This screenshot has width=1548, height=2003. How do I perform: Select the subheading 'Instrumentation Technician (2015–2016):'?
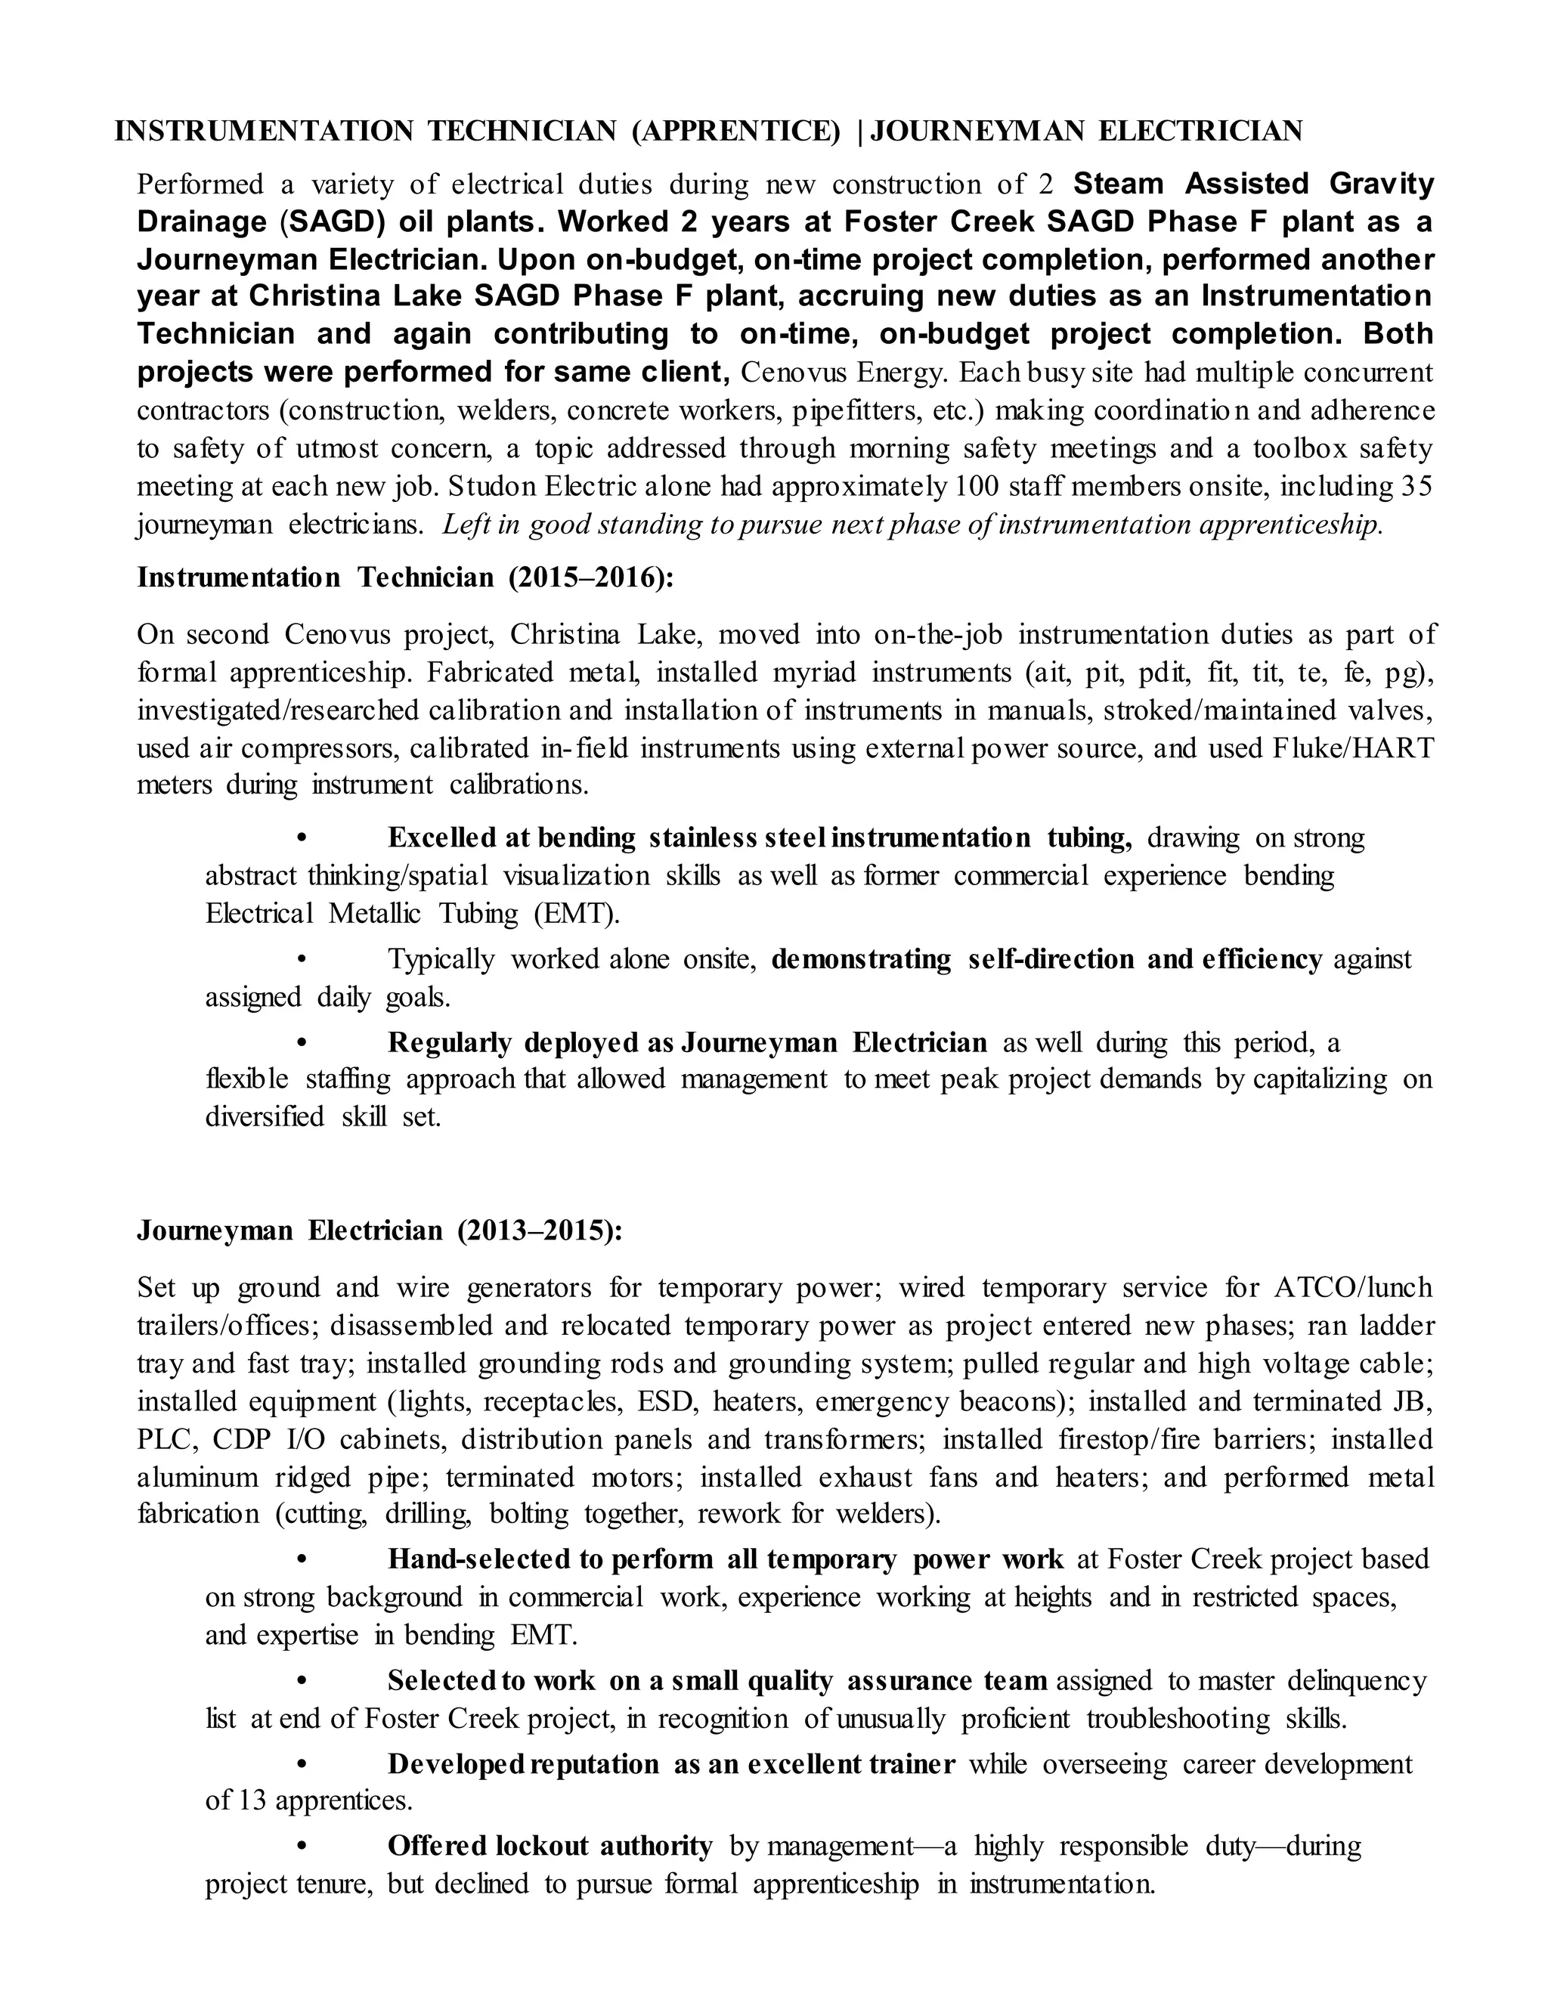[x=405, y=577]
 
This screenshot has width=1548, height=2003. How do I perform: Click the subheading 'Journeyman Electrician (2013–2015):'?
[x=379, y=1230]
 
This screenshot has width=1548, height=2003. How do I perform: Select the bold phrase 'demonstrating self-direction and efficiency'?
[x=1046, y=959]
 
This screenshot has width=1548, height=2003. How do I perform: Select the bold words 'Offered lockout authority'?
[x=550, y=1845]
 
